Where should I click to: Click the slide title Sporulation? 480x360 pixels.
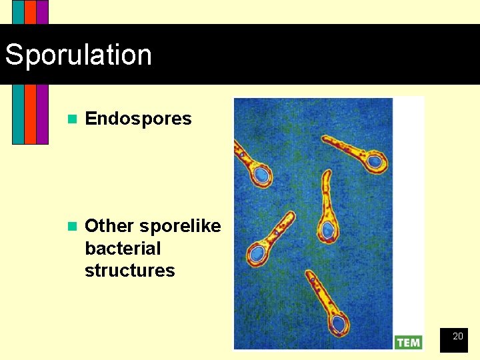coord(78,55)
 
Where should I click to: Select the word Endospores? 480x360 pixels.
coord(138,119)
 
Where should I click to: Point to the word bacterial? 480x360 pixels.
coord(123,249)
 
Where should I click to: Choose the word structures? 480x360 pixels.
coord(129,271)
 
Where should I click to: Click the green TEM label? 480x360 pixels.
coord(408,342)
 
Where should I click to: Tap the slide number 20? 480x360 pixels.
coord(457,337)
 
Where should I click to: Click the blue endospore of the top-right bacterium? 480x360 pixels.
coord(375,161)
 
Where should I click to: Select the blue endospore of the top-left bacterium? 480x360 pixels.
coord(262,175)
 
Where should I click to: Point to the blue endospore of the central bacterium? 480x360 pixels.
coord(328,230)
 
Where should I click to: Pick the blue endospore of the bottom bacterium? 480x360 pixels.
coord(339,324)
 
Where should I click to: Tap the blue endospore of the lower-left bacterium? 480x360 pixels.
coord(256,254)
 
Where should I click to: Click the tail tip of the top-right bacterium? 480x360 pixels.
coord(325,139)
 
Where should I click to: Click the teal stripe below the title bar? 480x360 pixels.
coord(18,113)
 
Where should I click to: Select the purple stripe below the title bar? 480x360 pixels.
coord(42,113)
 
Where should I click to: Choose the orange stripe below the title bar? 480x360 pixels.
coord(30,113)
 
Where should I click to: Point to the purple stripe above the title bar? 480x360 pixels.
coord(42,11)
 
